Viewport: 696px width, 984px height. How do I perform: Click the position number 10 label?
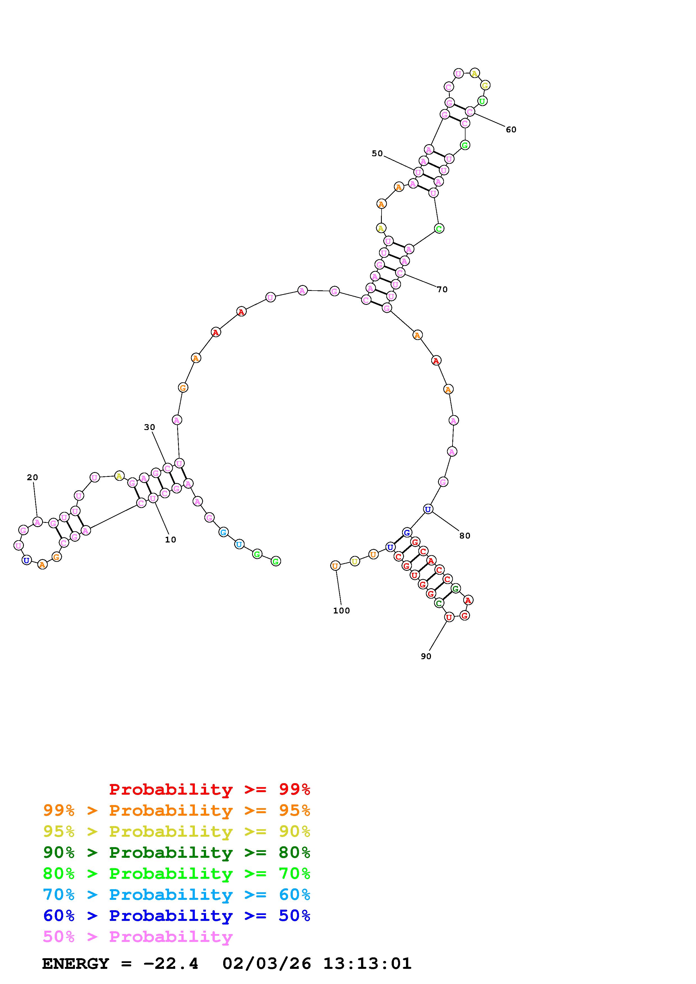171,540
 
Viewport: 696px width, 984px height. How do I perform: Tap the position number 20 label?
33,477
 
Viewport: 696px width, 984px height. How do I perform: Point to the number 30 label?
150,427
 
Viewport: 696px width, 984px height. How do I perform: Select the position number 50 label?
377,153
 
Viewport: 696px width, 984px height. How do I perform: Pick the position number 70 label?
442,290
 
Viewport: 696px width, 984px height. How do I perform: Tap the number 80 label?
465,536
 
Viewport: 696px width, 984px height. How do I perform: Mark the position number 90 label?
426,656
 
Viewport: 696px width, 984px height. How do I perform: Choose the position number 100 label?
342,611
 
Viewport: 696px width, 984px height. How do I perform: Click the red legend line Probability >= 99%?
210,789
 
